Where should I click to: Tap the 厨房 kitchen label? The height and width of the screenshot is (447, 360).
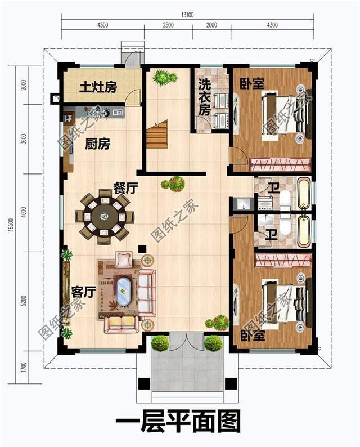(x=97, y=144)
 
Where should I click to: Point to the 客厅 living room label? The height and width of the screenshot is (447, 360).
(x=83, y=292)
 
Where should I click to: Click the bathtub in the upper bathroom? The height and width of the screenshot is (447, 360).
(x=303, y=193)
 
